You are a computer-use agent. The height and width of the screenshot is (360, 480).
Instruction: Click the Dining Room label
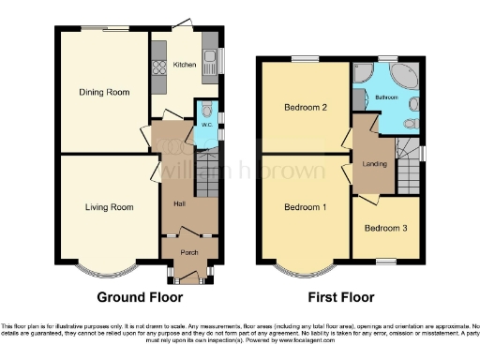[x=103, y=92]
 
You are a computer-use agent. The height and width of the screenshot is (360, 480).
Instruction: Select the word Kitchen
[x=184, y=66]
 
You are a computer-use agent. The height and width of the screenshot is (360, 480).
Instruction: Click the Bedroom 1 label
[x=305, y=207]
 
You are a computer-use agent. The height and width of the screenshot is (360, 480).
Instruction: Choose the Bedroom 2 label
[x=305, y=108]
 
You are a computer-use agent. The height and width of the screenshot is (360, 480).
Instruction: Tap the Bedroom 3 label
[x=384, y=228]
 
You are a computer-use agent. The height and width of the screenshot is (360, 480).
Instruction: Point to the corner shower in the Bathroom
[x=364, y=76]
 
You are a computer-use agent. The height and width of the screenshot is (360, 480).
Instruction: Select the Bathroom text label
[x=386, y=97]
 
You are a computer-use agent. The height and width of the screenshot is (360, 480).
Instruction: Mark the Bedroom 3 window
[x=384, y=260]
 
